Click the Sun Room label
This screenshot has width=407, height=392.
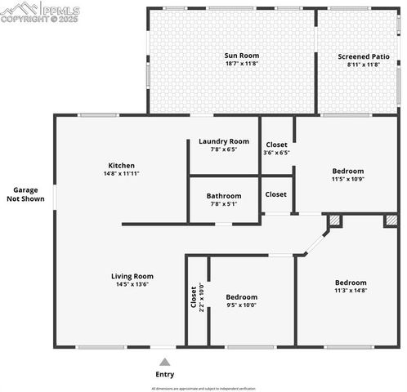click(242, 56)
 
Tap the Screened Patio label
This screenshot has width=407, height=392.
click(358, 56)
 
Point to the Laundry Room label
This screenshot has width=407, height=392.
click(224, 141)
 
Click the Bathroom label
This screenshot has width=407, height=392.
click(224, 196)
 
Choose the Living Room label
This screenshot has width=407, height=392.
click(132, 276)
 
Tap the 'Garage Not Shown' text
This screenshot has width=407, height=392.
click(25, 194)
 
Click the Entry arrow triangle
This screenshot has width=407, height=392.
click(165, 361)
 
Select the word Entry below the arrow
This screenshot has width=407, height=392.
click(165, 374)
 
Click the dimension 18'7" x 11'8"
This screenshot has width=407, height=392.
click(242, 65)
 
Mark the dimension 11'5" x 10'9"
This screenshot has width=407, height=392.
click(348, 179)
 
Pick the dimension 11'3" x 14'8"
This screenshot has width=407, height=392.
click(351, 290)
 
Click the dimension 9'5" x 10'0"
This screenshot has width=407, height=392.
click(241, 305)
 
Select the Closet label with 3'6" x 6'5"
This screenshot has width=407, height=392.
click(276, 148)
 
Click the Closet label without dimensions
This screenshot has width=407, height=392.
click(276, 194)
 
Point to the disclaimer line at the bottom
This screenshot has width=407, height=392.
click(203, 388)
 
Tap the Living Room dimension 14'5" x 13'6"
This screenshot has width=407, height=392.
click(132, 285)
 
